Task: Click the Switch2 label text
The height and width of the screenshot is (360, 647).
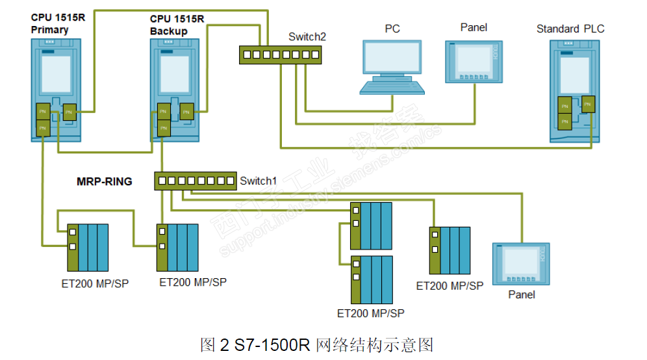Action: click(307, 37)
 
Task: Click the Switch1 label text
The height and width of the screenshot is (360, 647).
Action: click(259, 181)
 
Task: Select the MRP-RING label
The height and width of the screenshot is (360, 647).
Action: click(105, 181)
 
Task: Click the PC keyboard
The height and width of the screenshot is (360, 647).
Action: click(392, 88)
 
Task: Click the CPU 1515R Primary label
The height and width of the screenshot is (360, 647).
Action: click(58, 24)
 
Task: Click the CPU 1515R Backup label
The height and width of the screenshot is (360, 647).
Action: click(177, 25)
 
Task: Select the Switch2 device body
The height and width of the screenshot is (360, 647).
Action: click(279, 55)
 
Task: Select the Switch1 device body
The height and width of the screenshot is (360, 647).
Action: click(196, 181)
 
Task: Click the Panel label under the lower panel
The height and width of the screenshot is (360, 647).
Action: click(522, 295)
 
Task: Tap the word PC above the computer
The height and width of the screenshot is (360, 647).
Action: click(392, 29)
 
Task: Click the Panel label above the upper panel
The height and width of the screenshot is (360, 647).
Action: click(474, 27)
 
